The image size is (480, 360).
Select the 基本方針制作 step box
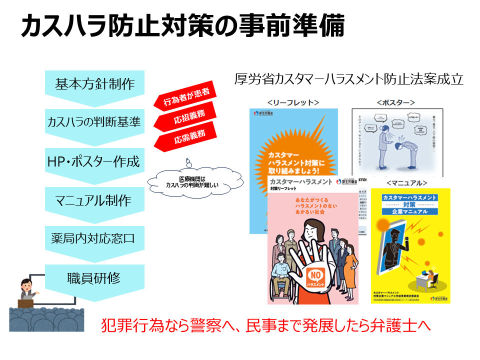coord(94,83)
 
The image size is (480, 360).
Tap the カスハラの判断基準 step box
coord(94,121)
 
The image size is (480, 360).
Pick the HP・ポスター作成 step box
coord(94,161)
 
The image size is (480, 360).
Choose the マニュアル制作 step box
coord(94,200)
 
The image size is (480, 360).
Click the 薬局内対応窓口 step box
coord(94,238)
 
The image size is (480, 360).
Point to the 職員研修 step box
coord(94,277)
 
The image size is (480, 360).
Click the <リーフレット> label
coord(293,102)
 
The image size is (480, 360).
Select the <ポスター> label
coord(395,102)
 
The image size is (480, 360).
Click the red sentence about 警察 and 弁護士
coord(265,325)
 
